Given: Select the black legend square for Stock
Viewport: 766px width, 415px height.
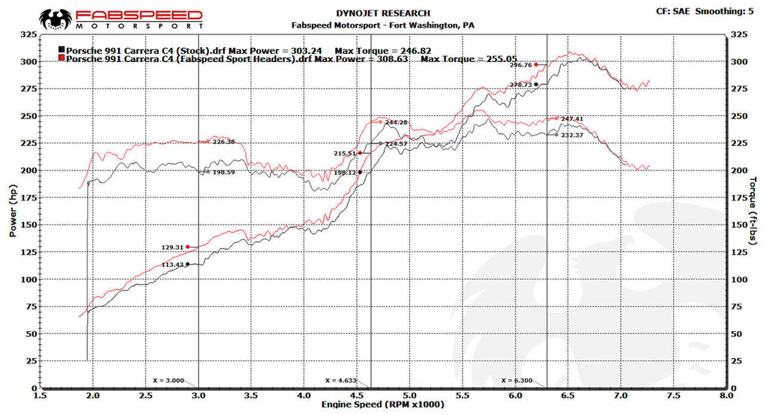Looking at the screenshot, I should [61, 49].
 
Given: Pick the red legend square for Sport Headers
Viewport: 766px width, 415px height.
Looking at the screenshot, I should [61, 58].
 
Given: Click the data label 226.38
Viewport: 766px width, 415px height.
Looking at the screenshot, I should [224, 141].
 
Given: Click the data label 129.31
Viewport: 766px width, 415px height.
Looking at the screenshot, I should [172, 247].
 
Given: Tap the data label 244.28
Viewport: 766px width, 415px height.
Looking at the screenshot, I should [396, 122].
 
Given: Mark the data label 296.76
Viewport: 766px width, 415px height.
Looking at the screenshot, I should [521, 65].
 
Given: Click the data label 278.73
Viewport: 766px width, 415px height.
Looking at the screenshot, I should [521, 84].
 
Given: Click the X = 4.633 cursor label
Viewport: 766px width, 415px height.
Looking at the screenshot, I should [341, 380].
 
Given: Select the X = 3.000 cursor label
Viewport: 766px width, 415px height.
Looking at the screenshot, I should [168, 380].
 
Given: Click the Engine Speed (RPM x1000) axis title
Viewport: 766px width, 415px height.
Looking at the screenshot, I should [383, 405].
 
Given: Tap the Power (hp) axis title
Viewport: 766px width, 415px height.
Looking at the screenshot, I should [13, 212].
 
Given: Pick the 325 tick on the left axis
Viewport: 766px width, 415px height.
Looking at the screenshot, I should [28, 34].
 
